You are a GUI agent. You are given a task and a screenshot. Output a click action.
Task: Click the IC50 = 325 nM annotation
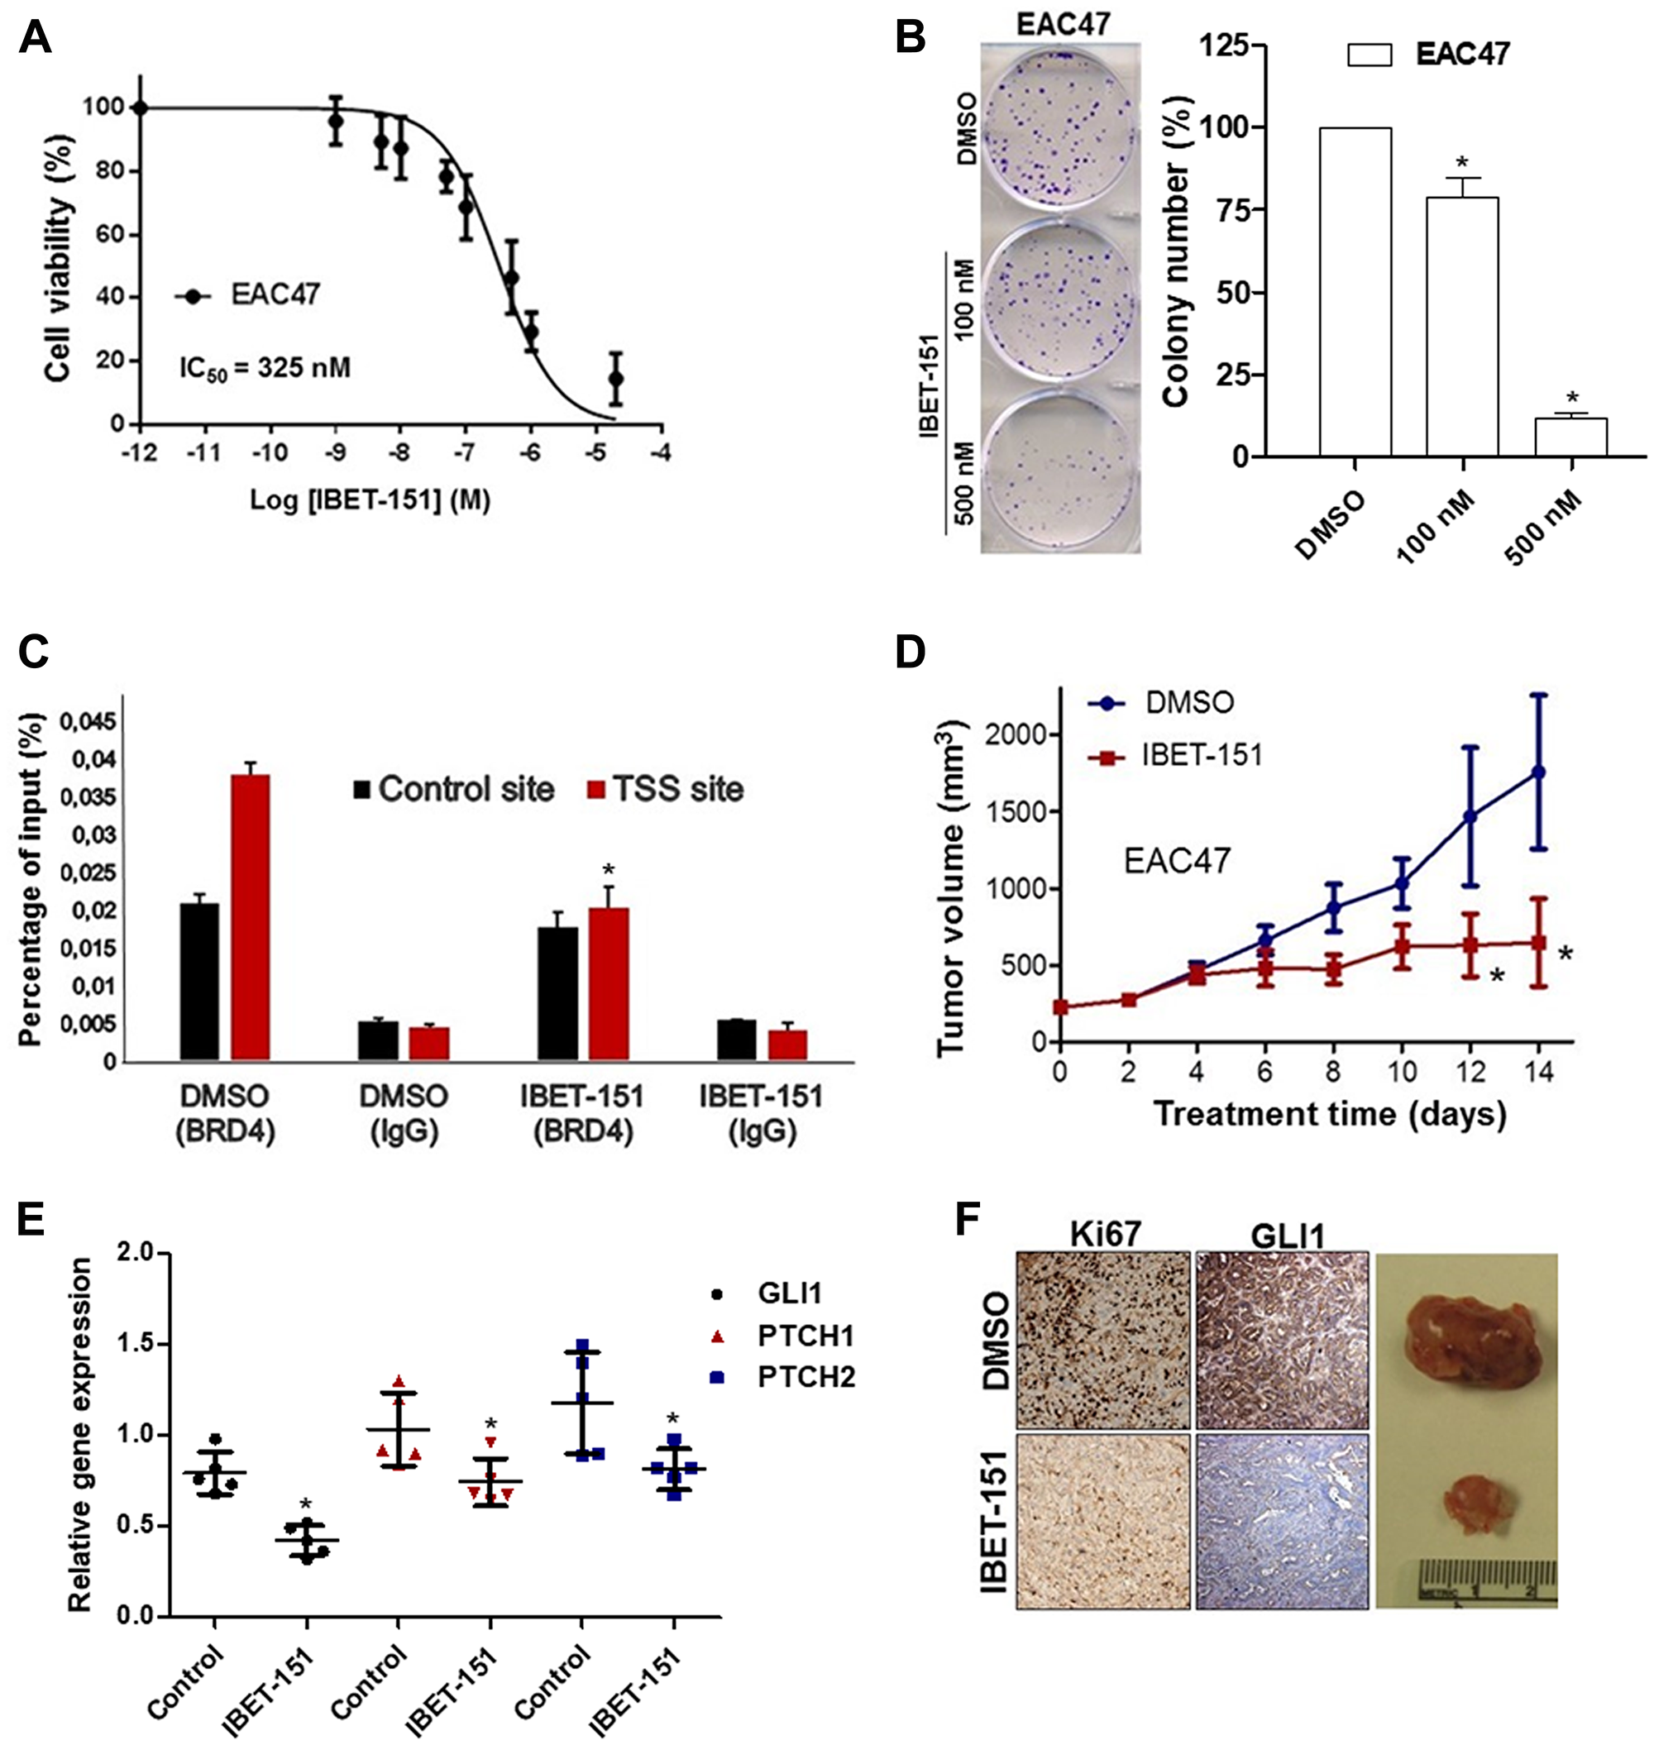tap(265, 368)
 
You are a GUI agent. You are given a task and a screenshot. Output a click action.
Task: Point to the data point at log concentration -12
tap(139, 108)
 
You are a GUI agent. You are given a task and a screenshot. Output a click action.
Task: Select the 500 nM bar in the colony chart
tap(1570, 437)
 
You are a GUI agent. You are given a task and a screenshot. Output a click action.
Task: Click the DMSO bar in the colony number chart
tap(1355, 291)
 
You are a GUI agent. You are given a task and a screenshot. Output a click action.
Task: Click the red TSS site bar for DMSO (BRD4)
tap(251, 917)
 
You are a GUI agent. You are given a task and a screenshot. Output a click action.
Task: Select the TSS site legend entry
tap(667, 789)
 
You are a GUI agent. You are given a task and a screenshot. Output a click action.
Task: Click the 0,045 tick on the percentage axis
tap(88, 722)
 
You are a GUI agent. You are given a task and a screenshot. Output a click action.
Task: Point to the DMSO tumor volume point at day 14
tap(1538, 772)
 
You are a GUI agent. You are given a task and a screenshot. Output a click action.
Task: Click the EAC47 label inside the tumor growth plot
tap(1176, 861)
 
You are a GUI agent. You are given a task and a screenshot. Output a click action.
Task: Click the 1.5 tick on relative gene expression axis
tap(135, 1345)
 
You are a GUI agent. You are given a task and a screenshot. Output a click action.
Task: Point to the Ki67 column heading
tap(1105, 1236)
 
